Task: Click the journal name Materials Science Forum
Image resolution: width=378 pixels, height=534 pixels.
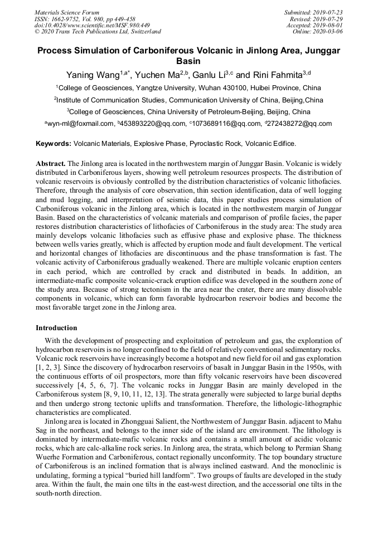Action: click(67, 12)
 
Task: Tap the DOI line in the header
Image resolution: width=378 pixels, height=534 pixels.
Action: click(92, 25)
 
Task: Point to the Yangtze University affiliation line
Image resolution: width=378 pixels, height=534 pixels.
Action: click(189, 88)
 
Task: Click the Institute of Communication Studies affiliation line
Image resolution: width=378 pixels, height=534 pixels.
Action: click(189, 100)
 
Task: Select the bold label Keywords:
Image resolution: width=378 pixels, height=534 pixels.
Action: click(54, 144)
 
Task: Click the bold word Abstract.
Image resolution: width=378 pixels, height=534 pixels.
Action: click(51, 164)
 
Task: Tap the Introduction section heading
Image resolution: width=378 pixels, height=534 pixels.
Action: click(56, 327)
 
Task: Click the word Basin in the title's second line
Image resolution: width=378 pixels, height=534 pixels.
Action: click(188, 61)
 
